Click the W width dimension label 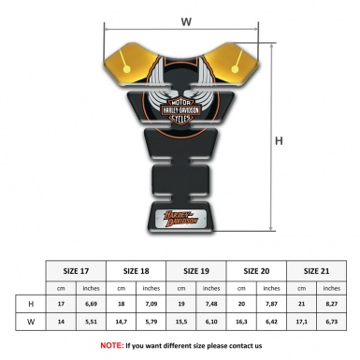[x=186, y=20]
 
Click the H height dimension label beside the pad [x=278, y=143]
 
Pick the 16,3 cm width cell [x=243, y=323]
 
